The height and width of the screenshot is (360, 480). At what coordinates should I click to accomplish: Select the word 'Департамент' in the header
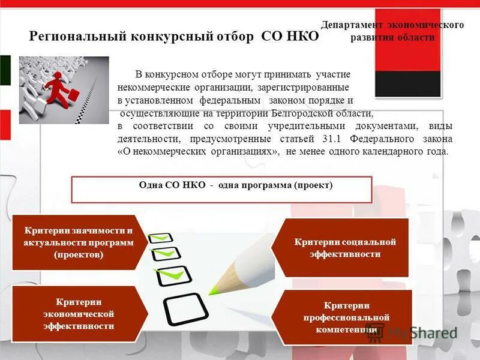pos(351,25)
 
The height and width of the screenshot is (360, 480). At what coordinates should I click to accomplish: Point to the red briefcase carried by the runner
pos(73,95)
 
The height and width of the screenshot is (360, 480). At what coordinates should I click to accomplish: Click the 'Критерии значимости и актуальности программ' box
pos(78,242)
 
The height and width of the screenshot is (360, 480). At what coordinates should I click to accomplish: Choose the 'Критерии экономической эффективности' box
pos(78,314)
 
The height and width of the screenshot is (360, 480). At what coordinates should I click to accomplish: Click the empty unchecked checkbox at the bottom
pos(185,309)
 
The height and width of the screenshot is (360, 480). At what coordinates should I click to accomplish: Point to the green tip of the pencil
pos(214,291)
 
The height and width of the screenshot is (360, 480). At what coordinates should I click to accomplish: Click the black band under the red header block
pos(407,84)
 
